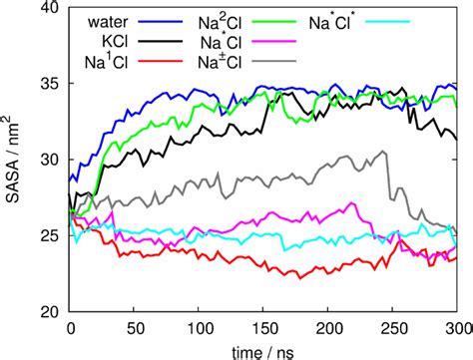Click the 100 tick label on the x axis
click(199, 328)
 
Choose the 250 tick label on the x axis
click(393, 328)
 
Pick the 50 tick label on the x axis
click(134, 328)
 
